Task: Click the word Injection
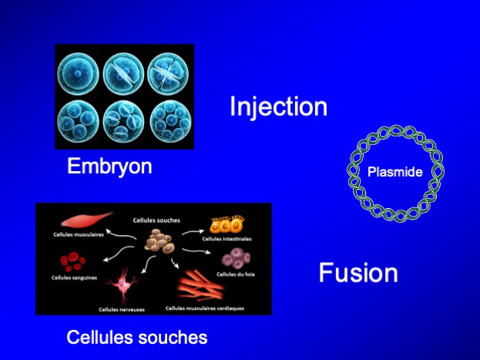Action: tap(279, 107)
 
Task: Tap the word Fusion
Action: tap(358, 272)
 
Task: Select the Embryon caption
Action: tap(109, 167)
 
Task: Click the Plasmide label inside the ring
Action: tap(395, 172)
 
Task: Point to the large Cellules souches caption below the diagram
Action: tap(137, 337)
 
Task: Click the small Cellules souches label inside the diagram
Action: tap(156, 220)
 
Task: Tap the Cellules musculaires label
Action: tap(79, 234)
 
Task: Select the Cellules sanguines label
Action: tap(75, 278)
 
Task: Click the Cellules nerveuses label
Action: tap(122, 309)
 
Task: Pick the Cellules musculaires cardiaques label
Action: tap(205, 308)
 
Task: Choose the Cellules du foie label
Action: tap(236, 274)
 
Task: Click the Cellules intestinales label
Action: tap(227, 239)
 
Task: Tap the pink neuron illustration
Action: tap(122, 285)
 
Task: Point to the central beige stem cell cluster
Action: tap(159, 241)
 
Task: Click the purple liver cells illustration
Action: tap(236, 258)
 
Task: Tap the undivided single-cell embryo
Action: tap(78, 74)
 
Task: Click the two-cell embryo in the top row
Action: tap(123, 75)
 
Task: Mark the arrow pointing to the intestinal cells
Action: tap(193, 232)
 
